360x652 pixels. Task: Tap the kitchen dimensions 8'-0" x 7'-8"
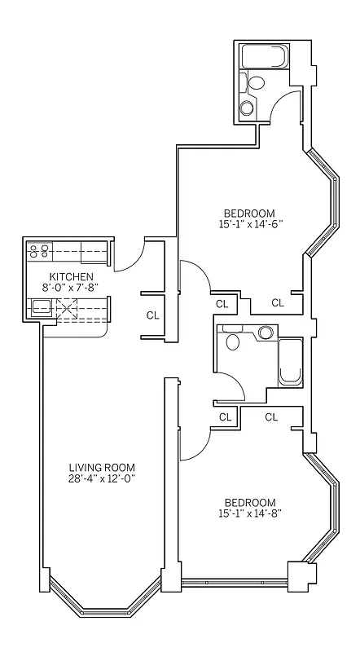point(68,287)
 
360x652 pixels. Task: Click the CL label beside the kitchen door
point(152,315)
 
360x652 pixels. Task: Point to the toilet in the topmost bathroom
point(255,82)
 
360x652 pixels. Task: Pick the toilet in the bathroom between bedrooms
point(234,340)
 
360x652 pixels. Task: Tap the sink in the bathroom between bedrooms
point(265,333)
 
